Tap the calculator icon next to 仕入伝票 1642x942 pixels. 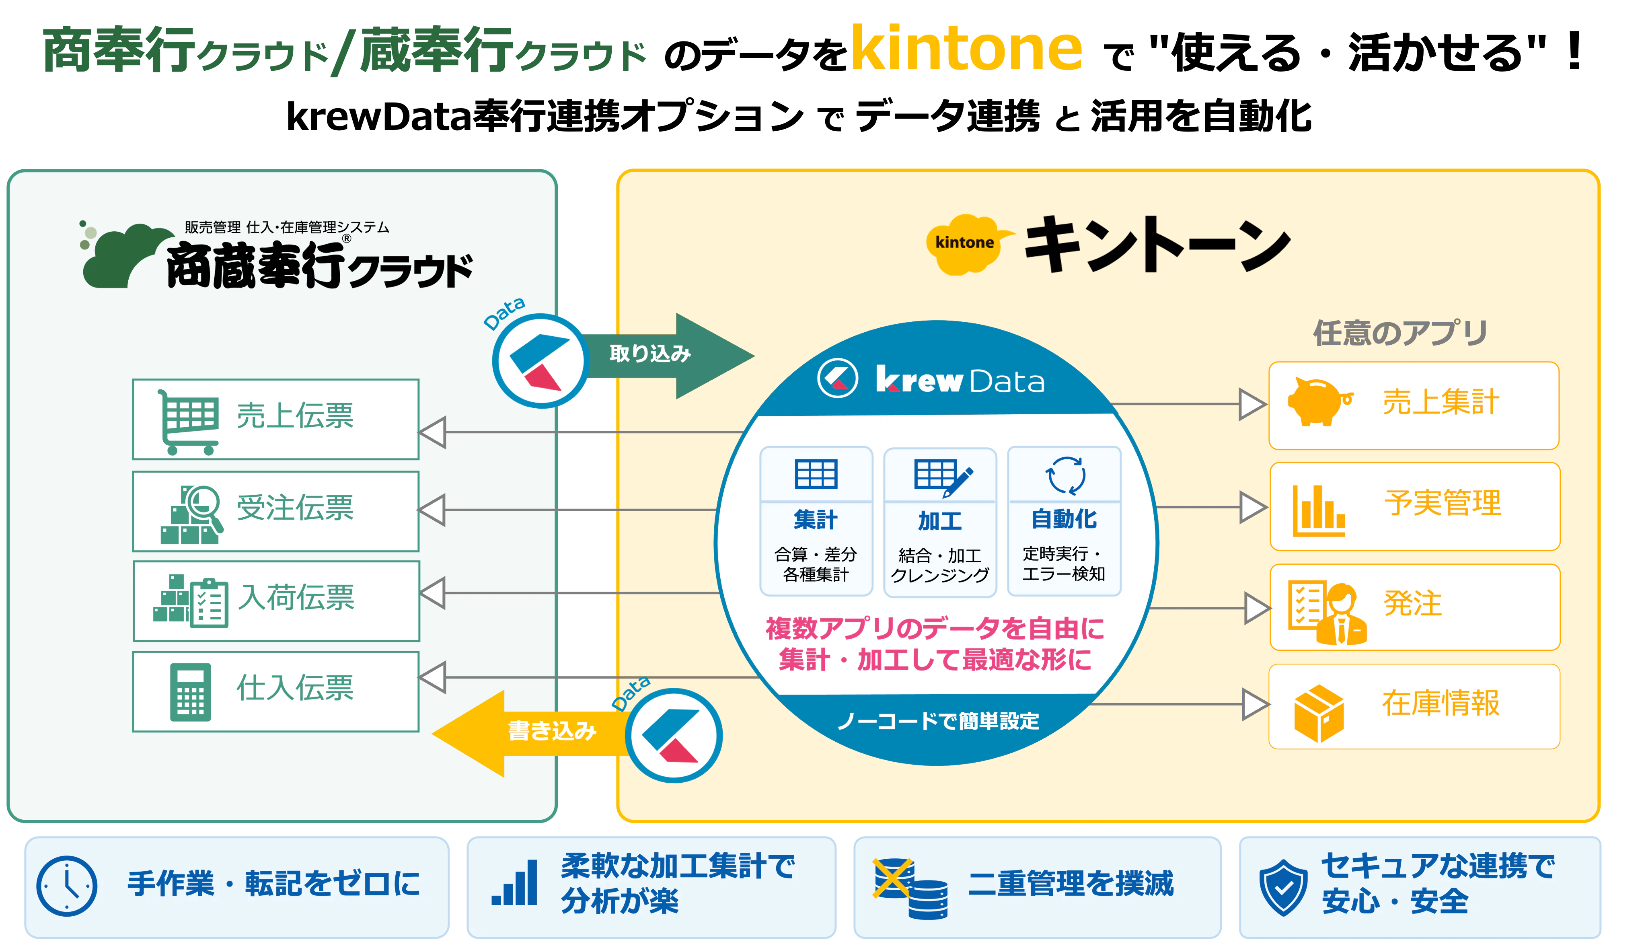(190, 692)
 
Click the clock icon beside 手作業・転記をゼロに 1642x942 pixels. (67, 886)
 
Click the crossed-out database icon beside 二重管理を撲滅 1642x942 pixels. (910, 888)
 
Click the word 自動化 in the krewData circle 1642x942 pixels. (1064, 519)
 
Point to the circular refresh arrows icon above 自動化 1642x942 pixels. (1065, 475)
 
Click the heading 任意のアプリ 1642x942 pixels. (1400, 333)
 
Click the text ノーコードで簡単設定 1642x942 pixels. (938, 721)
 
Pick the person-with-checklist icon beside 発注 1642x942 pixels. (1327, 612)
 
